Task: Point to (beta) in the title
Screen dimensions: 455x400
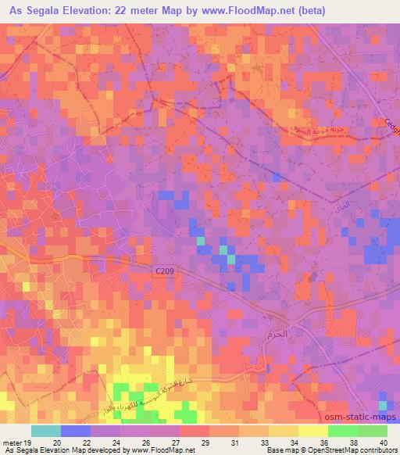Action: tap(305, 12)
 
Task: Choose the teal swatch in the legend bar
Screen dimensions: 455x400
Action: tap(46, 431)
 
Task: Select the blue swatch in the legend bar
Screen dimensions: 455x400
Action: tap(76, 431)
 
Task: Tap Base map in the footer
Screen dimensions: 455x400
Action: tap(279, 450)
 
